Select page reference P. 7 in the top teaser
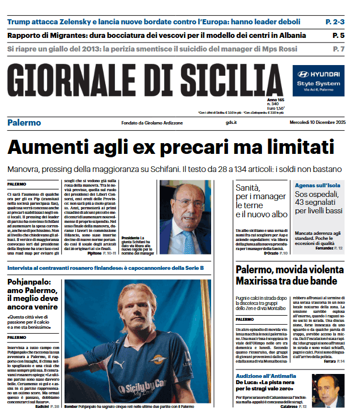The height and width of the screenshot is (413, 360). click(338, 49)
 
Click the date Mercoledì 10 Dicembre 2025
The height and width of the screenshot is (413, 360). click(317, 123)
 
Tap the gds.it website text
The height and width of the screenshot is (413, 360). click(231, 123)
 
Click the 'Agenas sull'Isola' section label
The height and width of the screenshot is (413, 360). click(316, 185)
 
